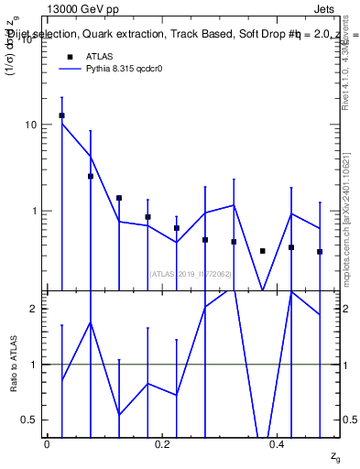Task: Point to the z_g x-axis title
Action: [x=334, y=455]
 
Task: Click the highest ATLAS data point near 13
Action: [x=61, y=115]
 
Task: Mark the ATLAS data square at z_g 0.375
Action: [x=262, y=251]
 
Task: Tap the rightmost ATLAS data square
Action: [x=320, y=252]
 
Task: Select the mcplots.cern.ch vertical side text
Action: [x=347, y=211]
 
